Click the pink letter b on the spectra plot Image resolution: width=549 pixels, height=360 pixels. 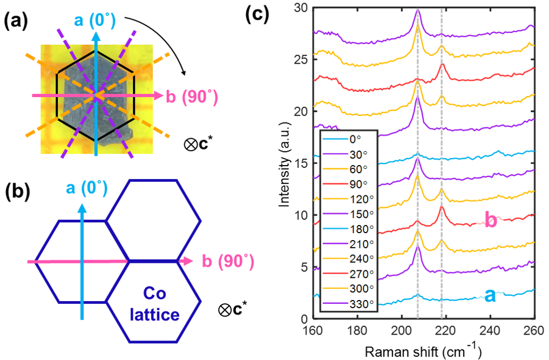[491, 221]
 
